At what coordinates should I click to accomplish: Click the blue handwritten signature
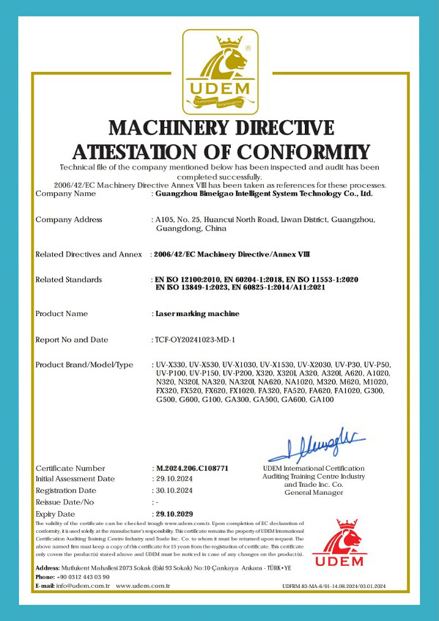click(316, 444)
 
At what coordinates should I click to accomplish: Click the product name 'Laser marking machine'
click(187, 313)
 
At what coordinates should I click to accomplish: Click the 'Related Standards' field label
click(69, 280)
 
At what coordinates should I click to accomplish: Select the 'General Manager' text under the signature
click(313, 493)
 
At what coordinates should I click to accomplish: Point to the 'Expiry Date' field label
click(58, 514)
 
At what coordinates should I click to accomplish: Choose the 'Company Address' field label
click(69, 220)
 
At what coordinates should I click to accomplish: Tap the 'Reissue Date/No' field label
click(64, 502)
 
